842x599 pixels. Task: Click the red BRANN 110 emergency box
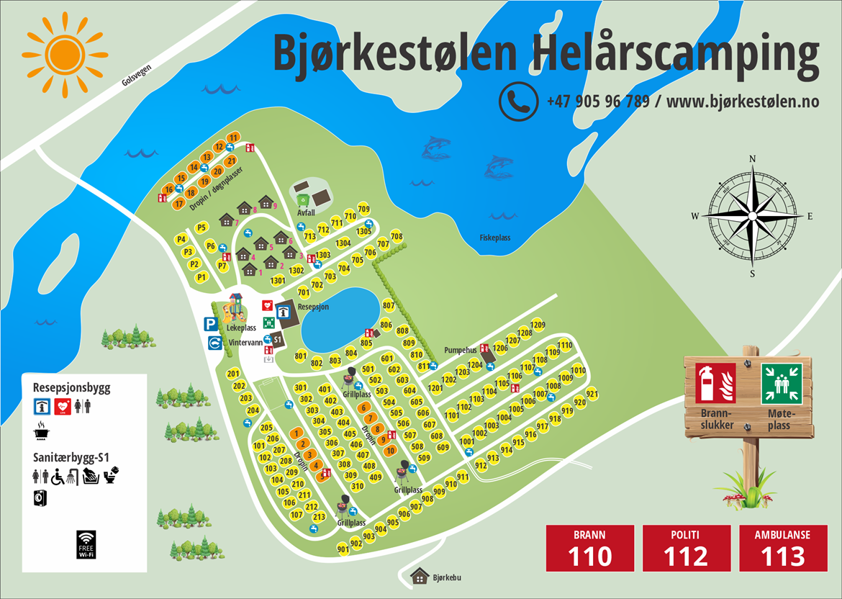tap(590, 548)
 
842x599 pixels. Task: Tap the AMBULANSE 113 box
tap(782, 548)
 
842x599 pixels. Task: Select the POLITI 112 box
tap(686, 548)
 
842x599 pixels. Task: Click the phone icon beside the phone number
tap(520, 100)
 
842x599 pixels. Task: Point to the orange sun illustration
tap(64, 55)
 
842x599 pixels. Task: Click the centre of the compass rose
tap(752, 216)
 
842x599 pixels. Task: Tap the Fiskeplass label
tap(495, 237)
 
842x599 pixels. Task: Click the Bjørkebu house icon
tap(420, 577)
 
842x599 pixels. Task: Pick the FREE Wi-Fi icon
tap(86, 544)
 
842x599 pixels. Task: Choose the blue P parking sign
tap(210, 325)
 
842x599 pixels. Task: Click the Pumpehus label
tap(461, 350)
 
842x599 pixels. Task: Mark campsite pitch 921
tap(592, 394)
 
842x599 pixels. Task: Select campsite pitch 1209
tap(538, 325)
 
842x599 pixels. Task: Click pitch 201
tap(232, 374)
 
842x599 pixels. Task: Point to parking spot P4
tap(181, 239)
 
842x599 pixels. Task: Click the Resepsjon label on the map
tap(313, 307)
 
